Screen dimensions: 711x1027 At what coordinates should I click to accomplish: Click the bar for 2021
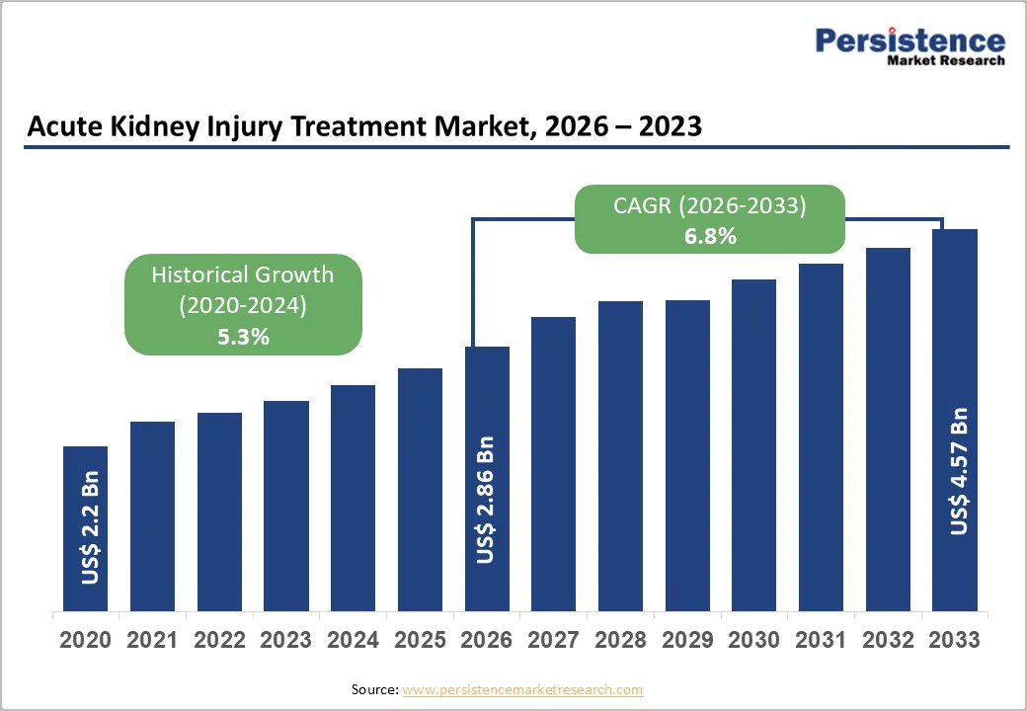point(152,515)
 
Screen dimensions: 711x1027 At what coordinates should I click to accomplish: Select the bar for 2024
point(353,498)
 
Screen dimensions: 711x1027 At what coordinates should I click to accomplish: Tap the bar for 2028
point(620,456)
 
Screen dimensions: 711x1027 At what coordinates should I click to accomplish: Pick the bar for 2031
point(821,437)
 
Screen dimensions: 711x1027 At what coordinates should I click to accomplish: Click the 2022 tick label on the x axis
point(219,640)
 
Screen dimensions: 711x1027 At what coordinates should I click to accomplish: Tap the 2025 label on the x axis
point(420,640)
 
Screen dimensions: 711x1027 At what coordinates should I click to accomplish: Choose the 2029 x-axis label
point(687,640)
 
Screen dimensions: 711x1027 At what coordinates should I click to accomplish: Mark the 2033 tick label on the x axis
point(955,640)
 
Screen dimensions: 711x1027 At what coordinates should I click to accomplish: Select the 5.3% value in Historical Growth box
point(243,337)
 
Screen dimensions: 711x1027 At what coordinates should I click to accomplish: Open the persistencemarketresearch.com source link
point(522,689)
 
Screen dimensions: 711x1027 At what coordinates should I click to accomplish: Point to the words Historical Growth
point(243,275)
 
